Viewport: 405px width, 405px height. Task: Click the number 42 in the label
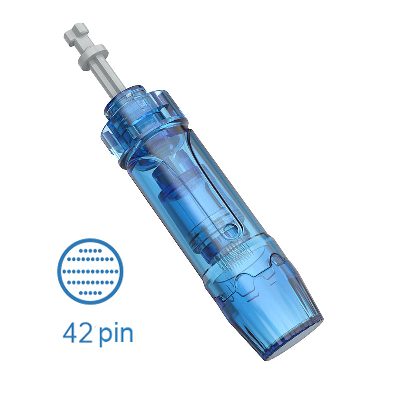click(x=77, y=333)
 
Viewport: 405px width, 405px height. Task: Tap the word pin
click(x=115, y=334)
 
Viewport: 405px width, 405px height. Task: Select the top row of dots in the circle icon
click(x=90, y=250)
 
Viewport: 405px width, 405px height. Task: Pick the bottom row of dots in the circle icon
click(x=90, y=292)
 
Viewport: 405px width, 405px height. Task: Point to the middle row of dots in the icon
click(x=90, y=271)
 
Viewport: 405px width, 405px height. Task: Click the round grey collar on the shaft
click(x=92, y=57)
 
